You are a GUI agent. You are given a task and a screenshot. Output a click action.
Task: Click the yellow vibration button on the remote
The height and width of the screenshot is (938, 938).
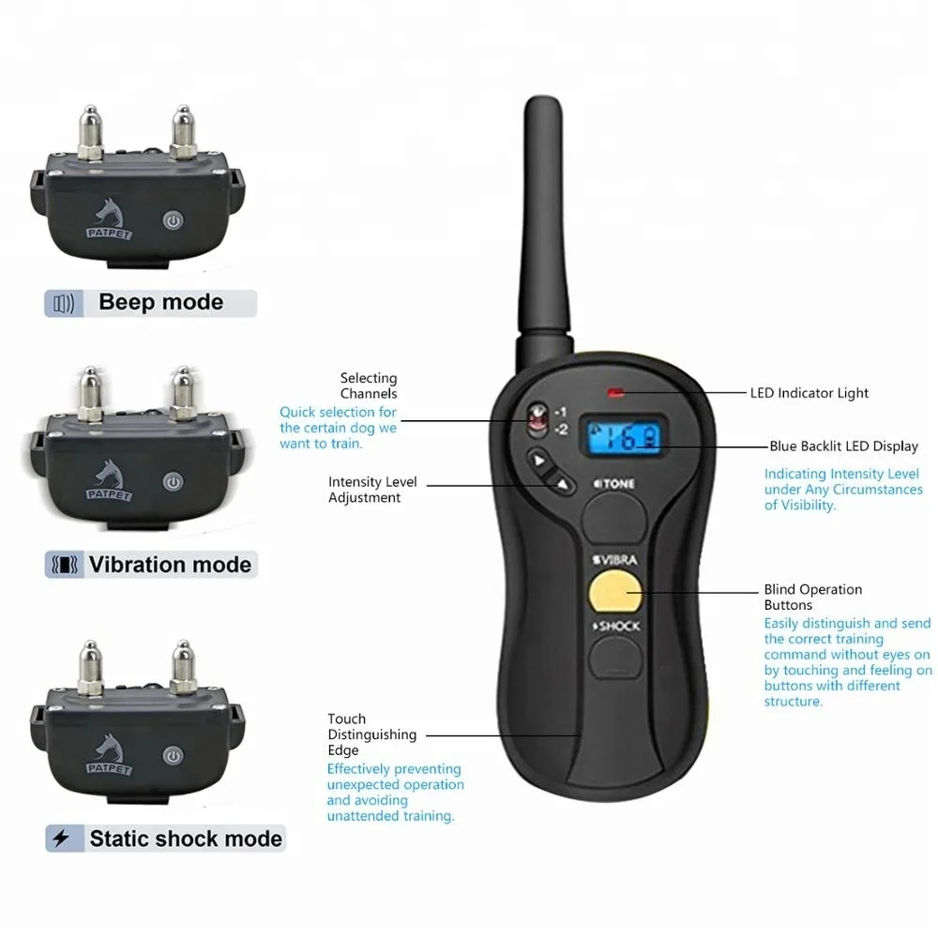[615, 592]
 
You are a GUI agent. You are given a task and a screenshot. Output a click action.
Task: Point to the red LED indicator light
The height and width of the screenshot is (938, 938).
[615, 393]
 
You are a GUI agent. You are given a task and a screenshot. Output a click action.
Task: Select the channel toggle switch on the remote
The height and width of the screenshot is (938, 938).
[537, 417]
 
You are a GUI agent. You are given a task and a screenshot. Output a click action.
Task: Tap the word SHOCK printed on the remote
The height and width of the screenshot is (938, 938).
[617, 627]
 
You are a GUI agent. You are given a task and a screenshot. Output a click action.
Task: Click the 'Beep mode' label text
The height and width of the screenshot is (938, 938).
[161, 302]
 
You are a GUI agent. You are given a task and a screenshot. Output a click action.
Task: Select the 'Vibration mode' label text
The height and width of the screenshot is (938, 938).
[171, 565]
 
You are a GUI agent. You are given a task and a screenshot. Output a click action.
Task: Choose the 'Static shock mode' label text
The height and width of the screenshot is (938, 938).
[186, 839]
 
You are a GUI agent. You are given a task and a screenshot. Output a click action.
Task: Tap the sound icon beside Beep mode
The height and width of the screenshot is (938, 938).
[64, 304]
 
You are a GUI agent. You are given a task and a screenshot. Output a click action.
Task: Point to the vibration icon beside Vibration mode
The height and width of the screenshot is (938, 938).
[65, 565]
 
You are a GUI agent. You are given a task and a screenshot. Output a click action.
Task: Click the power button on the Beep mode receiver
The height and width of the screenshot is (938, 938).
[173, 220]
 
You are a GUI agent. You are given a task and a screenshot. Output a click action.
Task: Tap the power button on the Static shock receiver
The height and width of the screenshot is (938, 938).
[173, 757]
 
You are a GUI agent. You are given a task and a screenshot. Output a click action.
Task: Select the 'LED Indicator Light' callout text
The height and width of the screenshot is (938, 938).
[809, 393]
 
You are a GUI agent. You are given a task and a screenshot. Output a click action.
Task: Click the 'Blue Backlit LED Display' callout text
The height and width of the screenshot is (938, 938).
[843, 446]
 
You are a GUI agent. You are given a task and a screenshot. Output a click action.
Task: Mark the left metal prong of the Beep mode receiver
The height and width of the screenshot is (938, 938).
[90, 133]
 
